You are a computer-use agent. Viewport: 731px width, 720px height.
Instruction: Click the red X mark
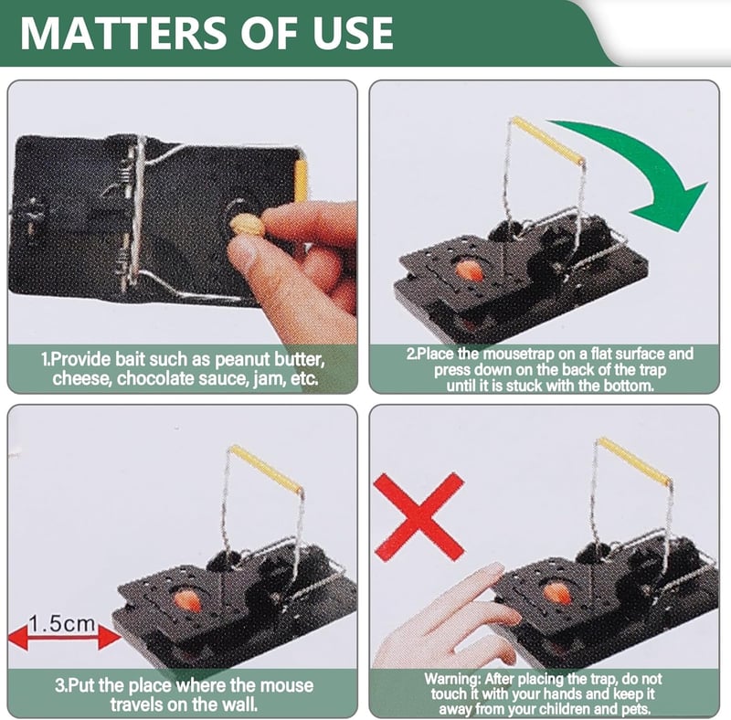pyautogui.click(x=419, y=516)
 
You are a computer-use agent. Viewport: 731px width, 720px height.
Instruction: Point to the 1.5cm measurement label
pyautogui.click(x=61, y=623)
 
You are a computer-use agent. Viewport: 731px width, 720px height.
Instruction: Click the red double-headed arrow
pyautogui.click(x=64, y=638)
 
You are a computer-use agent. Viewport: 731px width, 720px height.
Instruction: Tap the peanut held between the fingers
pyautogui.click(x=247, y=226)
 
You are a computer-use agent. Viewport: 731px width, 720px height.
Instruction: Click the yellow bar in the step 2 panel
pyautogui.click(x=547, y=140)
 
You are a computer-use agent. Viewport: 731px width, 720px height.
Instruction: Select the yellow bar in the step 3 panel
pyautogui.click(x=266, y=469)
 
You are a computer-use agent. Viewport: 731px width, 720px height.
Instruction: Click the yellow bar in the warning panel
pyautogui.click(x=634, y=461)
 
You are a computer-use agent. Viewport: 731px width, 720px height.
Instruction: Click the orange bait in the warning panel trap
pyautogui.click(x=557, y=594)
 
